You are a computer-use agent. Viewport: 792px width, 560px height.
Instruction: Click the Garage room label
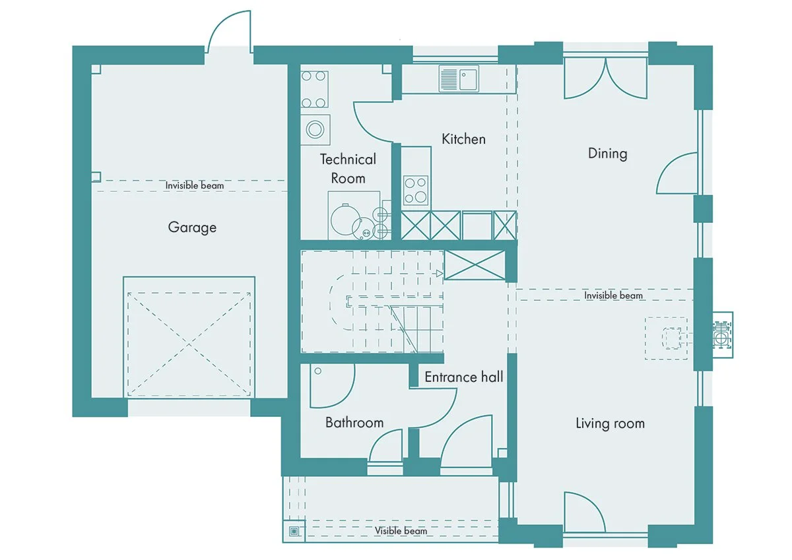click(192, 227)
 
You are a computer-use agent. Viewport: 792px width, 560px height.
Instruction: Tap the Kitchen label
click(463, 139)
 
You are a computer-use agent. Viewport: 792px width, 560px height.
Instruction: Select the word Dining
click(607, 154)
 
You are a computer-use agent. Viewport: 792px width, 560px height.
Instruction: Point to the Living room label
click(610, 423)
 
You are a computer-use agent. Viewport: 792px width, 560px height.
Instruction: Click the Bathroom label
click(354, 423)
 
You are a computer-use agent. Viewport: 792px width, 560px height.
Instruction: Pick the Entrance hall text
click(463, 377)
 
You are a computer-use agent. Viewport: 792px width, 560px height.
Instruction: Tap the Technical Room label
click(348, 169)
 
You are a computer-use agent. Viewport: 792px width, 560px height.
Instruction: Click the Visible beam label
click(401, 531)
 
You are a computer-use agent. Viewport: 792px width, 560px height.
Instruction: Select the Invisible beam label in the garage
click(195, 185)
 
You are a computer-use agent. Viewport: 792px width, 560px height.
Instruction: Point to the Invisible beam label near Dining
click(613, 296)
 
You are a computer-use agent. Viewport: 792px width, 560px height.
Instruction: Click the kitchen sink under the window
click(459, 78)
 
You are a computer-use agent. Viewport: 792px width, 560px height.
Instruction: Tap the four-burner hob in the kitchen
click(416, 191)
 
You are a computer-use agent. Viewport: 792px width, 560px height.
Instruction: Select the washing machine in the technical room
click(315, 129)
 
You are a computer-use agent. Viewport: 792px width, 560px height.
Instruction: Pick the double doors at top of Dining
click(606, 78)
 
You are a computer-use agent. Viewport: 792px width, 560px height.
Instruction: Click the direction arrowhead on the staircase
click(440, 274)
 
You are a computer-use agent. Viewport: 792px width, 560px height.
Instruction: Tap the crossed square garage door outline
click(189, 344)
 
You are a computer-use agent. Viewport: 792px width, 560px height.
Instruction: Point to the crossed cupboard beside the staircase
click(475, 265)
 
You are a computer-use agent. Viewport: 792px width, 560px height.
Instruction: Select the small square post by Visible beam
click(294, 531)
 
